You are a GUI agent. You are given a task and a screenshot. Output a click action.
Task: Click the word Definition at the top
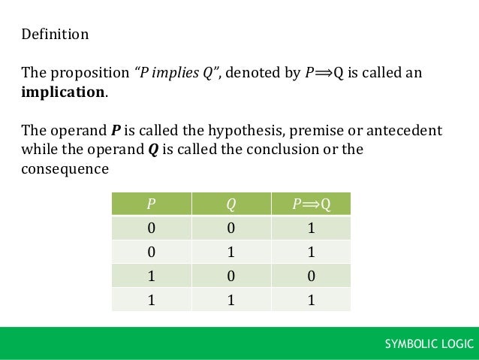[x=55, y=35]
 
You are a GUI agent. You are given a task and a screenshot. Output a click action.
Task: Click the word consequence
[x=65, y=169]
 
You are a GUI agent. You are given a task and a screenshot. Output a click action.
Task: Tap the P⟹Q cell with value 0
[x=311, y=276]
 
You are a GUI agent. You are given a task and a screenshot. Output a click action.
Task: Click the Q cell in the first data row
[x=230, y=228]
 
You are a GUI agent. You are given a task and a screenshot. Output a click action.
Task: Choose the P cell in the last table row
[x=151, y=300]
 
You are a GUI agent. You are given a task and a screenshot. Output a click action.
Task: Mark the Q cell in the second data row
[x=230, y=252]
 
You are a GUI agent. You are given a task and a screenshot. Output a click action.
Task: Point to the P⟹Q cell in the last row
[x=311, y=300]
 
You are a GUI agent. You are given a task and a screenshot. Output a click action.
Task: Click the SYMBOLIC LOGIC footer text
[x=429, y=343]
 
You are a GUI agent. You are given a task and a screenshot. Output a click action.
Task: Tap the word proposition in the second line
[x=89, y=73]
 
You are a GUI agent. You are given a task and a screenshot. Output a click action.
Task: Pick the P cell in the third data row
[x=151, y=276]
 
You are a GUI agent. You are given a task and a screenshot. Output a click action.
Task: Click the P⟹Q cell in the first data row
[x=311, y=228]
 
